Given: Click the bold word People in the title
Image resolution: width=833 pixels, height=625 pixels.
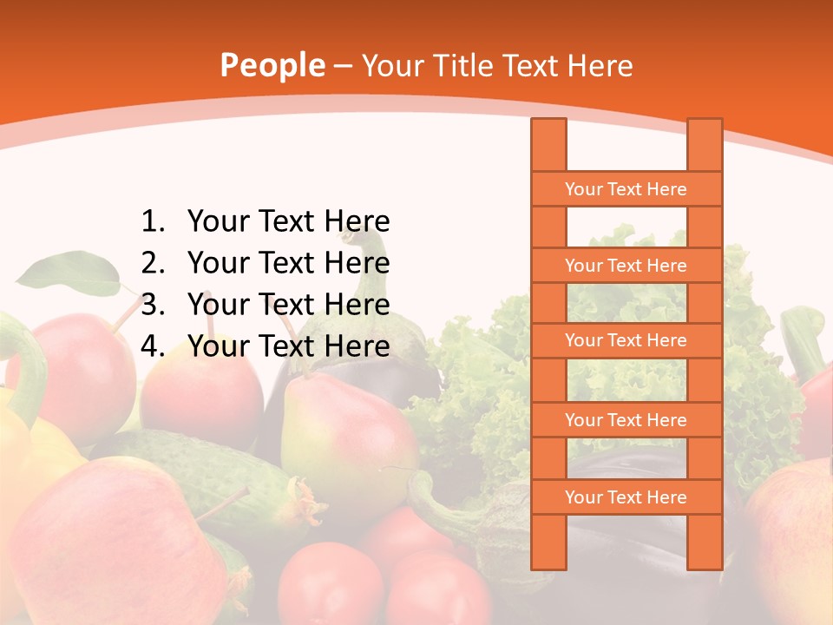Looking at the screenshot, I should (272, 65).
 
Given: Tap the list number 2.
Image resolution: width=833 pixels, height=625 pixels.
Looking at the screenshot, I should (153, 263).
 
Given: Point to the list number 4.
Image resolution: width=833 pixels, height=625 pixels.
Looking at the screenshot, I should (153, 346).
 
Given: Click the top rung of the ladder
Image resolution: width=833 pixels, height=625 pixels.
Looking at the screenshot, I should (626, 189).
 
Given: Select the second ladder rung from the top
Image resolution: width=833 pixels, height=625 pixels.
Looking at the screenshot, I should (626, 266).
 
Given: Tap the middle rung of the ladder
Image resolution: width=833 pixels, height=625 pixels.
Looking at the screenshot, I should (626, 340).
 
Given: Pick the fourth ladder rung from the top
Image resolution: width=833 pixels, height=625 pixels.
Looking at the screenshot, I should (626, 420).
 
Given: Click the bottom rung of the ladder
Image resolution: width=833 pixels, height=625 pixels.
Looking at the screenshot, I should (626, 497).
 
